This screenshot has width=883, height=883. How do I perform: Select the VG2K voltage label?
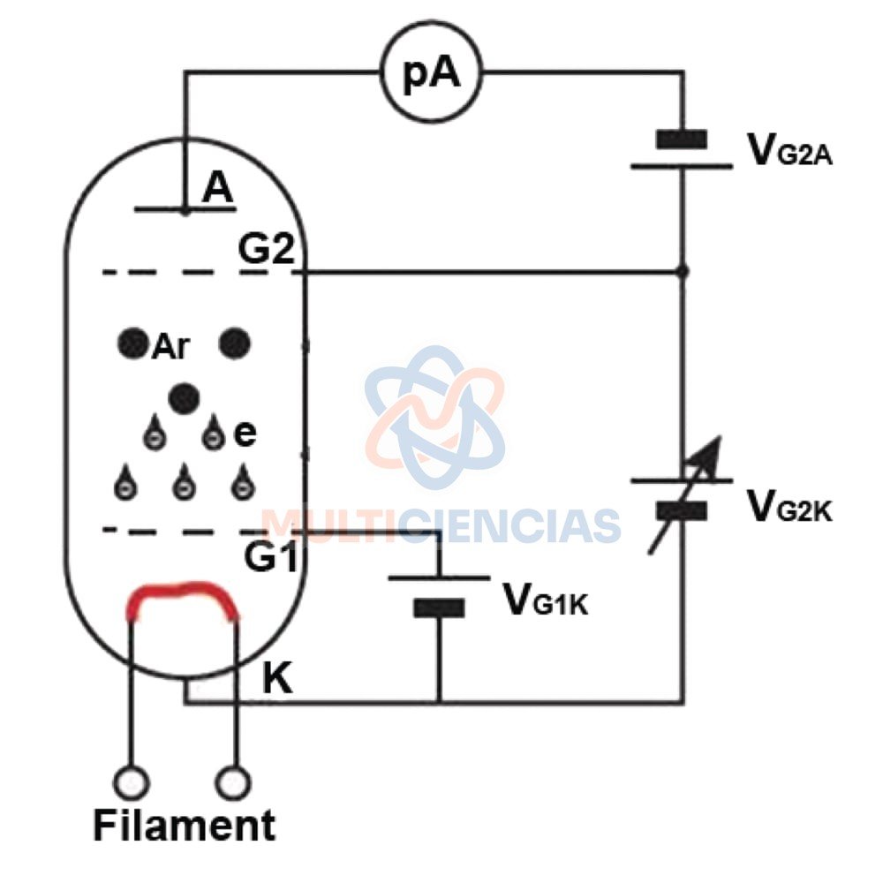[x=789, y=506]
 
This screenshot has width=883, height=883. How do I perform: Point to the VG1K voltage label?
[x=545, y=600]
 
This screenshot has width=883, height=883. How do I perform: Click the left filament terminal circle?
[x=132, y=782]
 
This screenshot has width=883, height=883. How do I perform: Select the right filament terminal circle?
[x=233, y=782]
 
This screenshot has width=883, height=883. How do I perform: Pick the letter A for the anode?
[x=217, y=187]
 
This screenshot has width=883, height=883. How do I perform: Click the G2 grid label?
[x=267, y=248]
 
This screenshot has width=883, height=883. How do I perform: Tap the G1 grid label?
[x=270, y=556]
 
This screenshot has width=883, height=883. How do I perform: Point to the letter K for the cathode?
[x=277, y=678]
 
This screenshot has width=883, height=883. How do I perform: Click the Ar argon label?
[x=170, y=346]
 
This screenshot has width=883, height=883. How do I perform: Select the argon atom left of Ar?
[x=133, y=343]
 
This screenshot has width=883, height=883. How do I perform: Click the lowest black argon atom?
[x=184, y=398]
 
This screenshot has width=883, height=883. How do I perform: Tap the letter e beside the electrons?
[x=245, y=433]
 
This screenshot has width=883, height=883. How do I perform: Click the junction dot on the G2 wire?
[x=683, y=272]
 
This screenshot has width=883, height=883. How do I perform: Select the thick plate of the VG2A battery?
[x=682, y=140]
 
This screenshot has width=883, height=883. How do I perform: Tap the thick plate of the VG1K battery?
[x=439, y=608]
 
